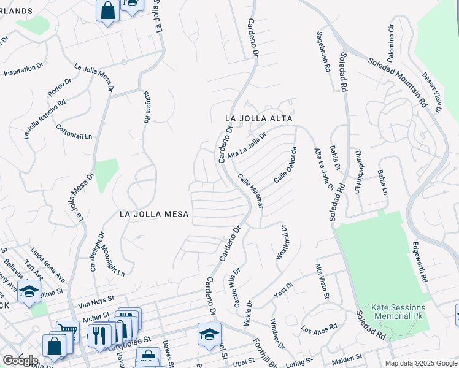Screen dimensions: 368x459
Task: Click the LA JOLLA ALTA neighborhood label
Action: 258,118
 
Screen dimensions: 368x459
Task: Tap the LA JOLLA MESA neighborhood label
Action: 154,214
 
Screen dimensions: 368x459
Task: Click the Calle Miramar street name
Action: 250,191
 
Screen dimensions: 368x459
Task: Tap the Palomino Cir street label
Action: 391,38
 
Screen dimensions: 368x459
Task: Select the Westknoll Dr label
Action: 282,241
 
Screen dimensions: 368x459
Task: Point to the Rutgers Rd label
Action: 147,108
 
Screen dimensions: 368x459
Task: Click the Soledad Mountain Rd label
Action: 398,83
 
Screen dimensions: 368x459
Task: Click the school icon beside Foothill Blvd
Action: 209,334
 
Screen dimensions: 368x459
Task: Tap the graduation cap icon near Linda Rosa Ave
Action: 29,291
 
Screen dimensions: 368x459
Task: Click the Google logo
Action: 20,360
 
